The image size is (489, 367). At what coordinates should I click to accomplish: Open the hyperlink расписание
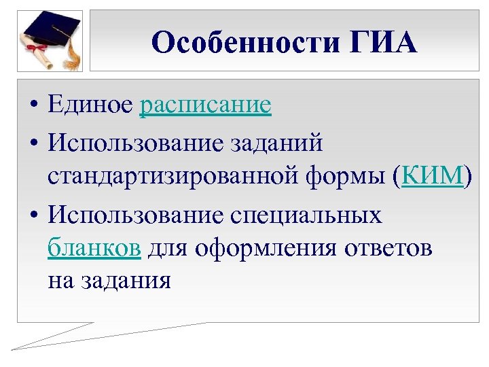205,105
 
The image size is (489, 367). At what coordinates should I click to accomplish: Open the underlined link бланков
94,249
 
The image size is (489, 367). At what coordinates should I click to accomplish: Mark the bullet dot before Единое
33,107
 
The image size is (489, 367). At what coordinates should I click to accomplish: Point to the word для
168,249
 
